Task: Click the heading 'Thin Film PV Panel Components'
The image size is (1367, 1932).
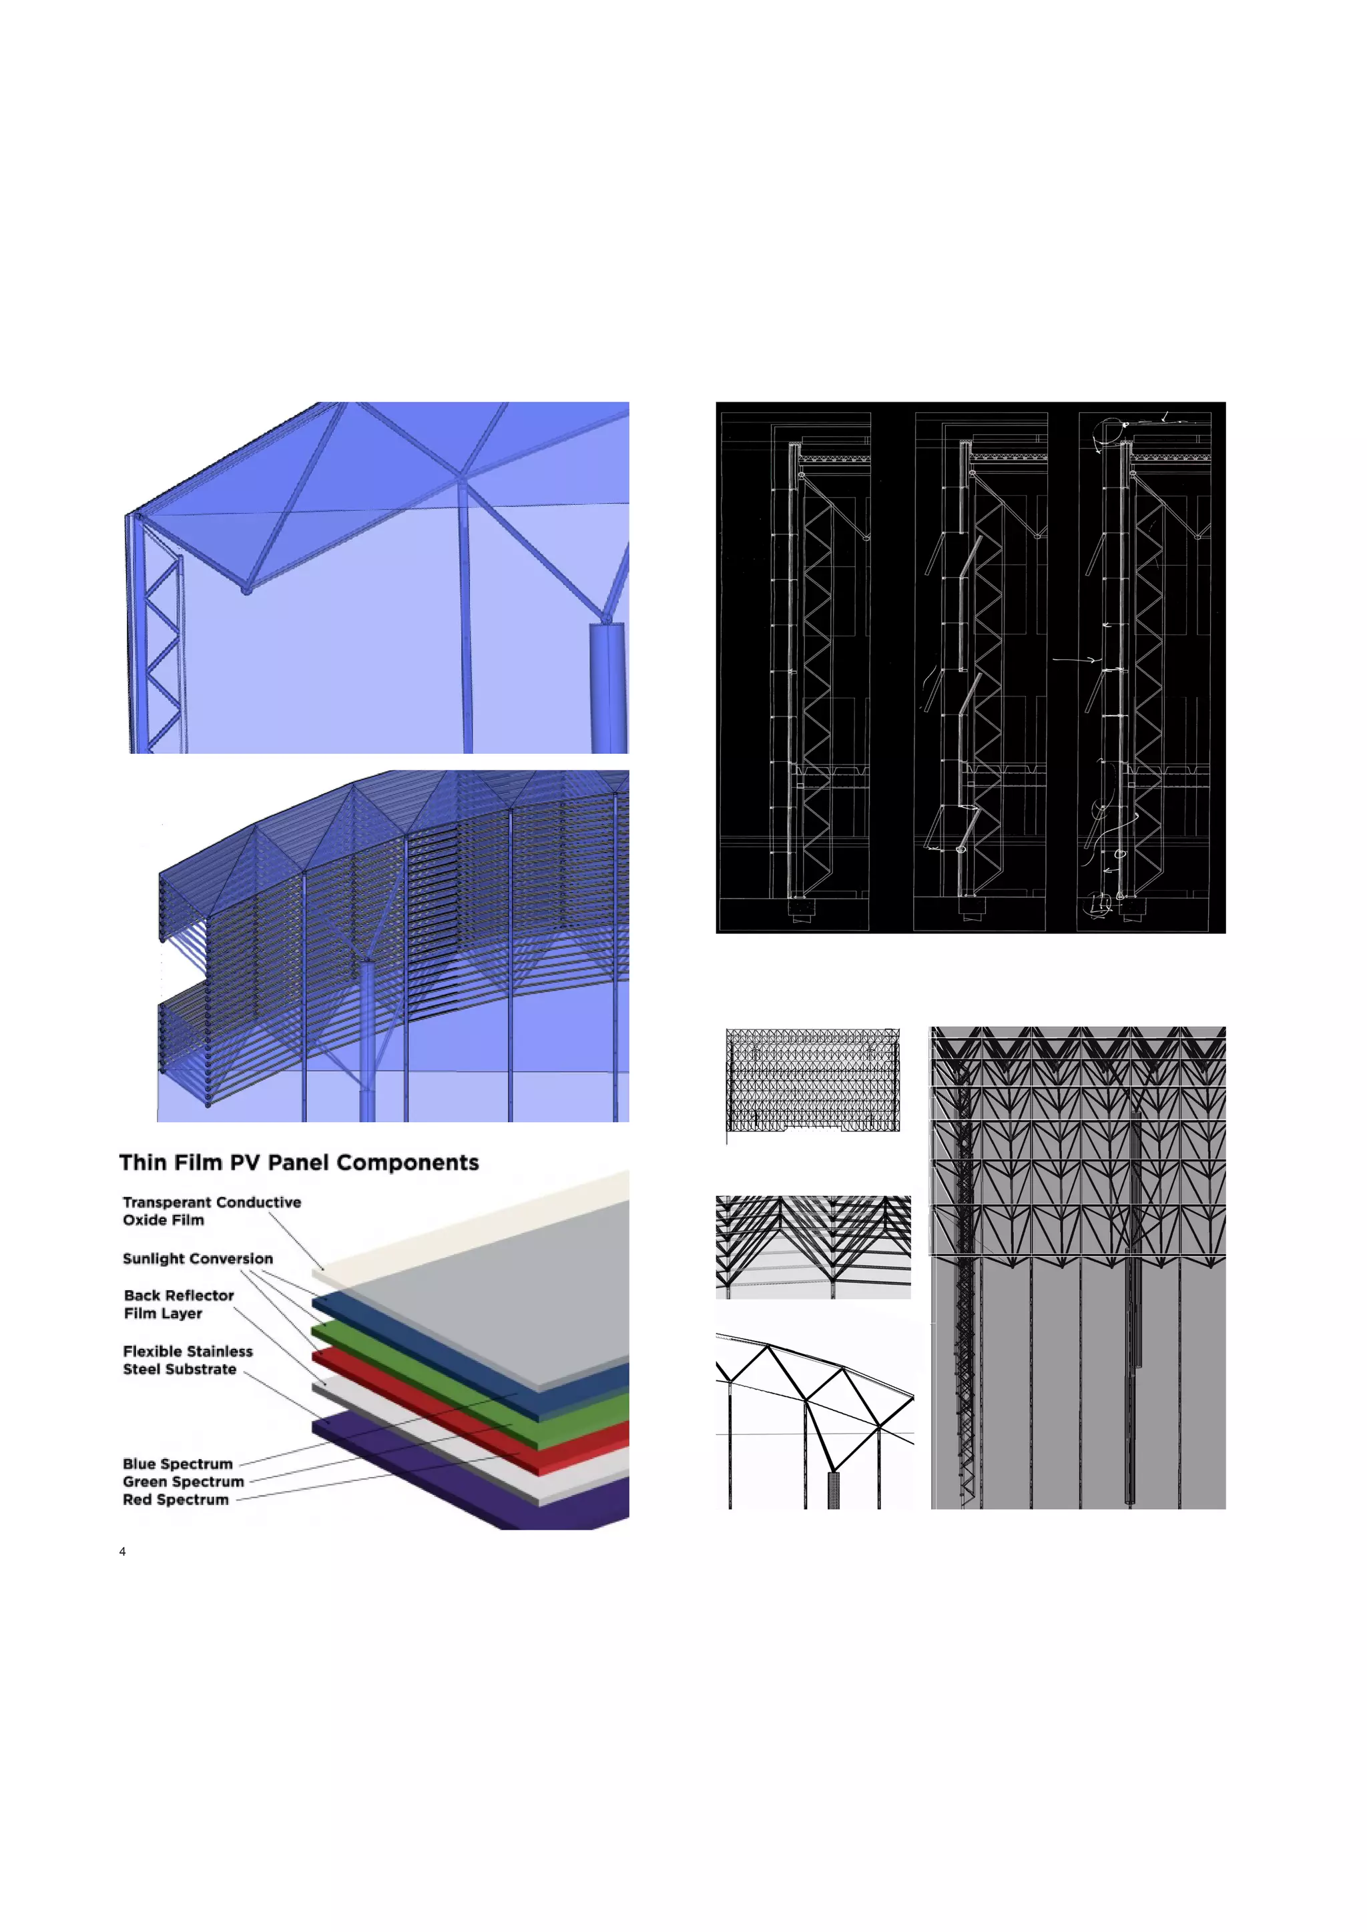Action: [x=299, y=1162]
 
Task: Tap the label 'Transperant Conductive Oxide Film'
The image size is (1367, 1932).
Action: [x=212, y=1211]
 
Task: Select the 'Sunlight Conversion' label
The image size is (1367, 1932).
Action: [x=198, y=1258]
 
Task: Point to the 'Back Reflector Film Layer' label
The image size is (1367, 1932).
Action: [x=178, y=1304]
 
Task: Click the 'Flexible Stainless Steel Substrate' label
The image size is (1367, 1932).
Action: [x=187, y=1360]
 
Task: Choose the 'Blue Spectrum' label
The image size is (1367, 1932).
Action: [x=177, y=1463]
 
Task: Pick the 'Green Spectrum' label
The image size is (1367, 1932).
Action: [x=183, y=1481]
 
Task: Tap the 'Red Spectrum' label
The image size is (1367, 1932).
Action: [x=175, y=1500]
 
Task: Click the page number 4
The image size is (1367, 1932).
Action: [x=123, y=1552]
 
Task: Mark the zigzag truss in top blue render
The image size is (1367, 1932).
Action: [x=162, y=640]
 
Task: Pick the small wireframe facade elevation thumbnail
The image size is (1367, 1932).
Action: [x=812, y=1079]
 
